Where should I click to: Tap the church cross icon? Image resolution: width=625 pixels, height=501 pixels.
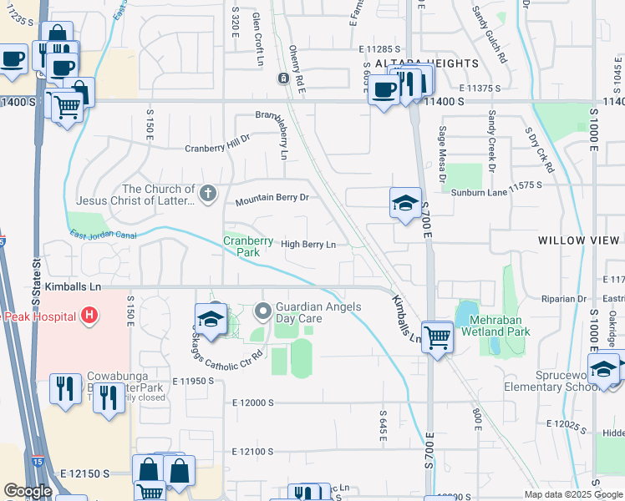point(208,195)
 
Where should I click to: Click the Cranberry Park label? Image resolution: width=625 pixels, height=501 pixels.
point(248,246)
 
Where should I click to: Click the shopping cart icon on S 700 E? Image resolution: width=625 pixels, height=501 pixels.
point(437,337)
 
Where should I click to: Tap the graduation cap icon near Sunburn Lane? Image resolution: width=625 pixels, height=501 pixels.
point(405,203)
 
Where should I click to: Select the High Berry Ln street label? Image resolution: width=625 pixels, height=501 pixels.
point(307,245)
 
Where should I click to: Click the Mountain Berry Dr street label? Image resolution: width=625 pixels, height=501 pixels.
point(272,200)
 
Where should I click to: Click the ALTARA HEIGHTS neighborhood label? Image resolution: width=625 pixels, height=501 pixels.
point(415,63)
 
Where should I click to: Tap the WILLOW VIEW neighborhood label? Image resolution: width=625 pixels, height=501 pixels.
point(580,240)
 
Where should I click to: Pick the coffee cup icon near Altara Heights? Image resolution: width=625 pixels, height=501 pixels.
point(384,90)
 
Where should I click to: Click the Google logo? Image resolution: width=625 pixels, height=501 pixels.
point(28,491)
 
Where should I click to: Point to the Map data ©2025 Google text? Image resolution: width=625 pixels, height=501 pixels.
point(573,494)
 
